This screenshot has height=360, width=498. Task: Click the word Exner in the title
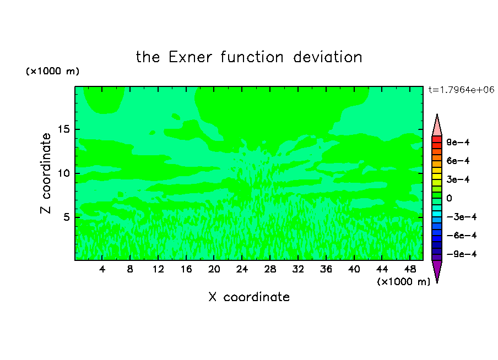(190, 57)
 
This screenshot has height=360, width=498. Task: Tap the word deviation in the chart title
(327, 57)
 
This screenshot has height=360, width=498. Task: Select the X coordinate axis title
(249, 297)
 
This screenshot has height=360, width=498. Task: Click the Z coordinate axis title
(45, 173)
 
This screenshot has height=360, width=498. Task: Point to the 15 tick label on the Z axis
(64, 129)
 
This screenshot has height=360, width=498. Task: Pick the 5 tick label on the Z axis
(66, 217)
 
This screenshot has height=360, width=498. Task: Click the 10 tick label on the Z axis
(64, 173)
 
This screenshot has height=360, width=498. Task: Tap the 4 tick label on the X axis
(102, 269)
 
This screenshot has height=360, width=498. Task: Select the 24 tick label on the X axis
(242, 269)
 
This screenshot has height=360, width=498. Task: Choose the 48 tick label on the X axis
(410, 269)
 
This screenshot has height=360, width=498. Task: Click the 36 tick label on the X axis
(326, 269)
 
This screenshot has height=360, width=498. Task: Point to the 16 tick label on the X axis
(186, 269)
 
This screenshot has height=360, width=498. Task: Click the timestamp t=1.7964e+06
(461, 90)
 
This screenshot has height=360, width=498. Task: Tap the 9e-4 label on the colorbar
(458, 142)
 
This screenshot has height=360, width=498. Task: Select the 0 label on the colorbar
(449, 198)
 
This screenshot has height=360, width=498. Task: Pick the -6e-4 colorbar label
(462, 236)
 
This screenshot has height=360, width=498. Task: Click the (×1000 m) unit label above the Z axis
(52, 71)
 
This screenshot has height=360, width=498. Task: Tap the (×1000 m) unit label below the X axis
(403, 282)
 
